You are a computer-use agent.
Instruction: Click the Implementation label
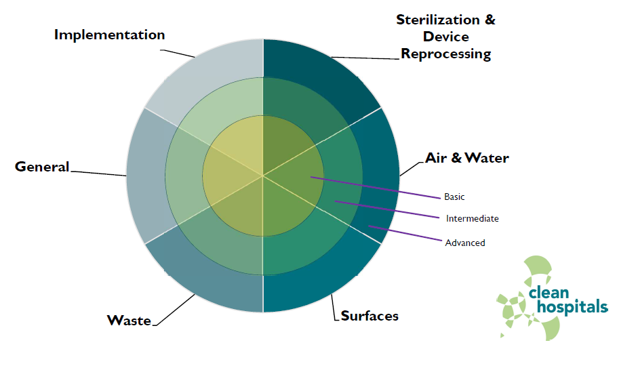pyautogui.click(x=109, y=35)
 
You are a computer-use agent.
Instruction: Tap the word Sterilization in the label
pyautogui.click(x=437, y=20)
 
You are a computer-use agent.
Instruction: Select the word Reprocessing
pyautogui.click(x=446, y=54)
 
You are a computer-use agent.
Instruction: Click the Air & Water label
pyautogui.click(x=467, y=158)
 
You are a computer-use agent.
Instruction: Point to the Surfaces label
pyautogui.click(x=370, y=316)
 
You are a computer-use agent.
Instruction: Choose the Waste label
pyautogui.click(x=129, y=321)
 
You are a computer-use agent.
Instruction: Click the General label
pyautogui.click(x=42, y=167)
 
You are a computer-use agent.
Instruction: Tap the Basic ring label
pyautogui.click(x=454, y=197)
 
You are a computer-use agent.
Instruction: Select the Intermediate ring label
pyautogui.click(x=472, y=219)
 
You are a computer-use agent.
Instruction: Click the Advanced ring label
pyautogui.click(x=465, y=243)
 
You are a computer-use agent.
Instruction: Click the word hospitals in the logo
pyautogui.click(x=572, y=306)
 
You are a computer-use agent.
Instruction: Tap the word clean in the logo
pyautogui.click(x=549, y=293)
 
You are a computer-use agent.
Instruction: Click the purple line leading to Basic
pyautogui.click(x=376, y=188)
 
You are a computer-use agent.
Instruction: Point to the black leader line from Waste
pyautogui.click(x=174, y=310)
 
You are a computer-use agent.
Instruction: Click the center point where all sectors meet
pyautogui.click(x=263, y=176)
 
